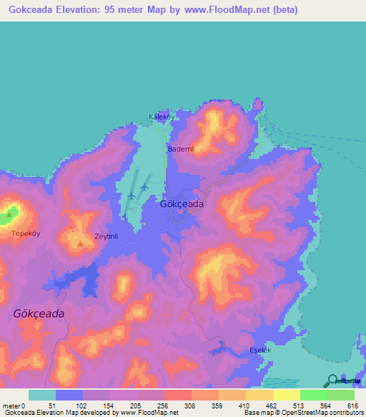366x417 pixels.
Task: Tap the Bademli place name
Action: (x=181, y=149)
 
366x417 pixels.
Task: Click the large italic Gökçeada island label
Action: (x=39, y=314)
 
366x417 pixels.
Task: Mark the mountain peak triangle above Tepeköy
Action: (x=9, y=214)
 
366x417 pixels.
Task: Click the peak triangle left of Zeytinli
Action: (x=79, y=244)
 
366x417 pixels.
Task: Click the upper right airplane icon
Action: (x=144, y=187)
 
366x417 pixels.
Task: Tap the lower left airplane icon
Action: (x=131, y=195)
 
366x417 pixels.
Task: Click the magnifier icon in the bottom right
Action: (x=333, y=381)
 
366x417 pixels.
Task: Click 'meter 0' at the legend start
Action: (x=14, y=406)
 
